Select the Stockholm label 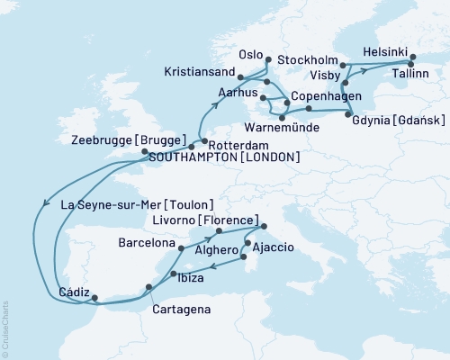click(309, 61)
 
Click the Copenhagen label click(332, 95)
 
